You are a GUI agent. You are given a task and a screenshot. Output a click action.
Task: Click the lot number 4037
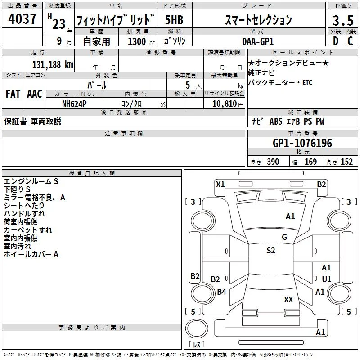click(x=22, y=19)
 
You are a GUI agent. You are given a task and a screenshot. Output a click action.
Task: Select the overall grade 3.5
click(x=343, y=20)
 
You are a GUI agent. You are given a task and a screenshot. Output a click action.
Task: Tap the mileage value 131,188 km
click(x=53, y=64)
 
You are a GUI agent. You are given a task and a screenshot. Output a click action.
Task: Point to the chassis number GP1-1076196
click(x=302, y=143)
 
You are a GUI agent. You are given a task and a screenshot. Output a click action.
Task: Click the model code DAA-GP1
click(x=258, y=41)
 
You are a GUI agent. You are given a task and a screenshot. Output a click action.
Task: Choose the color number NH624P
click(x=74, y=104)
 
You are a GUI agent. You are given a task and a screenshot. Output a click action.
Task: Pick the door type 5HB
click(x=174, y=20)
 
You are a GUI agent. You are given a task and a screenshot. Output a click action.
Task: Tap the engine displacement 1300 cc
click(x=141, y=41)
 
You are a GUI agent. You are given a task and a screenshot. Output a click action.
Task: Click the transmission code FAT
click(x=13, y=94)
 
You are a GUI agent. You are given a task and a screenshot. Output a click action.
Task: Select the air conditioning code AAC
click(x=35, y=94)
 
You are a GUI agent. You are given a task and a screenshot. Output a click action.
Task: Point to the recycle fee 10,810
click(x=225, y=104)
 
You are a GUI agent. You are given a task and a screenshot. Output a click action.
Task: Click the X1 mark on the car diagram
click(x=220, y=184)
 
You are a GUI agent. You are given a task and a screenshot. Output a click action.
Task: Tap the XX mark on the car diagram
click(x=288, y=299)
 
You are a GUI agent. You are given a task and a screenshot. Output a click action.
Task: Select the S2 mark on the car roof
click(x=271, y=250)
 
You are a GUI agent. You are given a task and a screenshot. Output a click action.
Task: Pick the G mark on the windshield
click(x=284, y=237)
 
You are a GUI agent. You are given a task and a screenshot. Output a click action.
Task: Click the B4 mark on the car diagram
click(x=221, y=292)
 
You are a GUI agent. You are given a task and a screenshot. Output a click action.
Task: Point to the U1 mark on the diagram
click(x=327, y=279)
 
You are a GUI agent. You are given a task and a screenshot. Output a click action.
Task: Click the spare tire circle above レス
click(x=197, y=328)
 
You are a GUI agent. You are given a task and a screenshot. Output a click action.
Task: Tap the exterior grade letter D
click(x=336, y=41)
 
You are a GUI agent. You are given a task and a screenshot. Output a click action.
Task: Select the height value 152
click(x=346, y=162)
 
